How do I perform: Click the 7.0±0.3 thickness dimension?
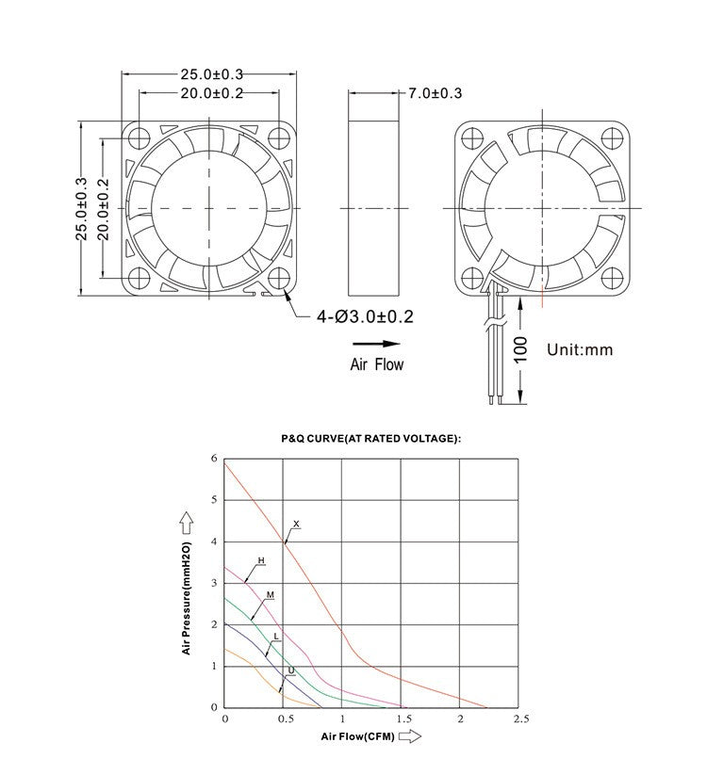pos(435,93)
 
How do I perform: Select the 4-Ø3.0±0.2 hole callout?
pos(366,317)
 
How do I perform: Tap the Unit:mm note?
pos(580,349)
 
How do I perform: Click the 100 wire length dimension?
pos(520,350)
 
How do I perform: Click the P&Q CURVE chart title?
pos(370,439)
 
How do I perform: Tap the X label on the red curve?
pos(296,523)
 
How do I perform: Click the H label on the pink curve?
pos(261,560)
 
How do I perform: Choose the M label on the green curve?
pos(270,595)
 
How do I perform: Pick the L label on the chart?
pos(275,637)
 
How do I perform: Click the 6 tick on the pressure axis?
pos(214,459)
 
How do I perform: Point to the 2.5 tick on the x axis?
pos(519,719)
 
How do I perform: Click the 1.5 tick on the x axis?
pos(402,719)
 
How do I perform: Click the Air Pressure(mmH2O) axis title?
pos(187,599)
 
